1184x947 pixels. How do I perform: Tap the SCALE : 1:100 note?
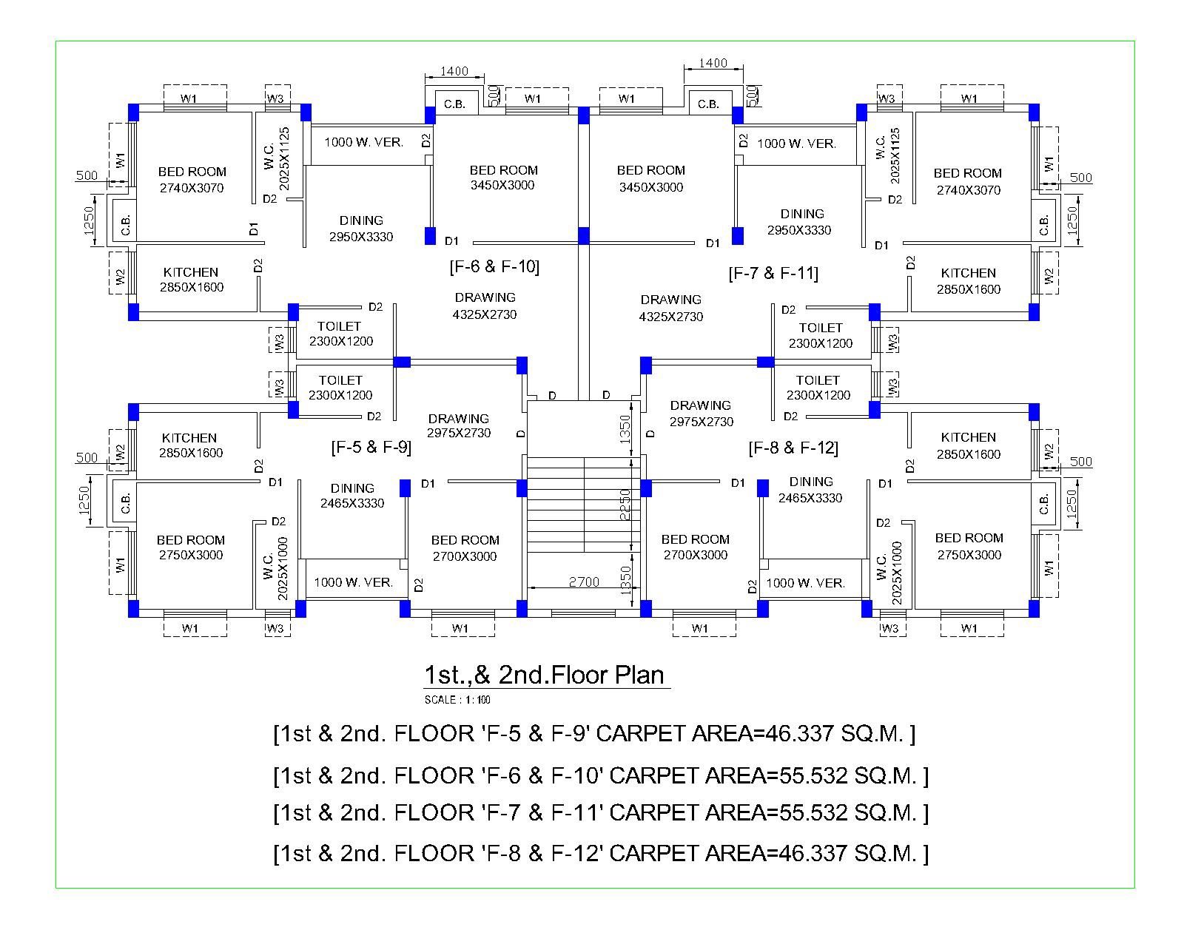457,700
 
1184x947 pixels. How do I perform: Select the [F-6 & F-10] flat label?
494,266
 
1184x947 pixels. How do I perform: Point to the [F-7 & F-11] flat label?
773,274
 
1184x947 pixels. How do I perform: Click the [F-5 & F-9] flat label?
371,447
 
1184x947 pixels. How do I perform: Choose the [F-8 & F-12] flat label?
793,448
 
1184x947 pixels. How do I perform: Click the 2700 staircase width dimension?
584,582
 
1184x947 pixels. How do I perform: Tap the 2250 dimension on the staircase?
625,504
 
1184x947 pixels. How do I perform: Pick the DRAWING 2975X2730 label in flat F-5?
459,425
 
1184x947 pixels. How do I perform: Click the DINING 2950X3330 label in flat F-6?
361,229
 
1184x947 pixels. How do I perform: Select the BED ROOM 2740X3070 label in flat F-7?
968,181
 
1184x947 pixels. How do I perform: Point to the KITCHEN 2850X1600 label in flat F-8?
968,445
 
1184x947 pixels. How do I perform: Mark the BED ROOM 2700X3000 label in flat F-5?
465,548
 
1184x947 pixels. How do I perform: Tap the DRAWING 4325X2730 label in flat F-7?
671,308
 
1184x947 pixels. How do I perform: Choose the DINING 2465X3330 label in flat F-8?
810,490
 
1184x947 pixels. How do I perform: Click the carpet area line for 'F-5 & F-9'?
594,734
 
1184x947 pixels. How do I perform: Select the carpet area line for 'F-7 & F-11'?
600,813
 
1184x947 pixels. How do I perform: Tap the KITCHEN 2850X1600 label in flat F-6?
191,280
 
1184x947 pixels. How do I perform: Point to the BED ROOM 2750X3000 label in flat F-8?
969,546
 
